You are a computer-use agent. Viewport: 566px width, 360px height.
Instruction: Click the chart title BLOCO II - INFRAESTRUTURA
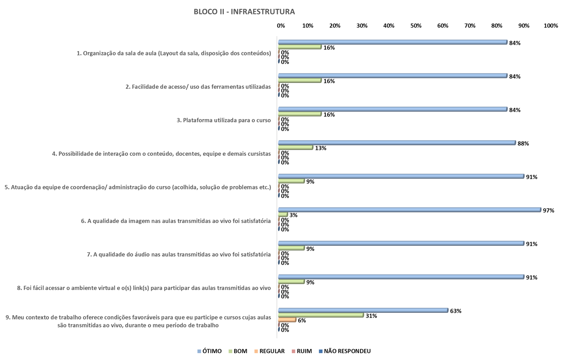[x=244, y=12]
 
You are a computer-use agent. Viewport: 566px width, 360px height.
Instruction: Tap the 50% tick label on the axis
[x=416, y=26]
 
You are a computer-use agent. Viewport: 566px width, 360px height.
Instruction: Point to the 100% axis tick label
[x=550, y=26]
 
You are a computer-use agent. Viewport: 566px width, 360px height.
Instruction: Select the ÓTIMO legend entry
[x=209, y=351]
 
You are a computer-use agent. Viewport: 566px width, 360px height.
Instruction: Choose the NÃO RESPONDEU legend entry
[x=345, y=351]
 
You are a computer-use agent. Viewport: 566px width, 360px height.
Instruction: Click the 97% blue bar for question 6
[x=409, y=210]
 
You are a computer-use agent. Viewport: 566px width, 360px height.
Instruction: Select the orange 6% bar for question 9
[x=287, y=320]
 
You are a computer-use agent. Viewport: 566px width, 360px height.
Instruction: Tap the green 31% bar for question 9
[x=321, y=315]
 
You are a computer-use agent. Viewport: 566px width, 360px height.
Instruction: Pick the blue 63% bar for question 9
[x=363, y=310]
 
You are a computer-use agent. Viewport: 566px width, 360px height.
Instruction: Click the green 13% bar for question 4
[x=295, y=147]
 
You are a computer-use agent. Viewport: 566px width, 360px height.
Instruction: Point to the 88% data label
[x=523, y=143]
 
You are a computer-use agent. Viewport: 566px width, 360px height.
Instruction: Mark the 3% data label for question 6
[x=293, y=215]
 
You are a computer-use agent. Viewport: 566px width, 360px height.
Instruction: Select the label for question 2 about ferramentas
[x=198, y=87]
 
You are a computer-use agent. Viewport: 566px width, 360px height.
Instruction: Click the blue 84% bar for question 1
[x=393, y=42]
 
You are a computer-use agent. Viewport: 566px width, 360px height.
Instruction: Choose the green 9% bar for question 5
[x=291, y=181]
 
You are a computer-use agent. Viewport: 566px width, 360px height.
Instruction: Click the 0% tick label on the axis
[x=281, y=26]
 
